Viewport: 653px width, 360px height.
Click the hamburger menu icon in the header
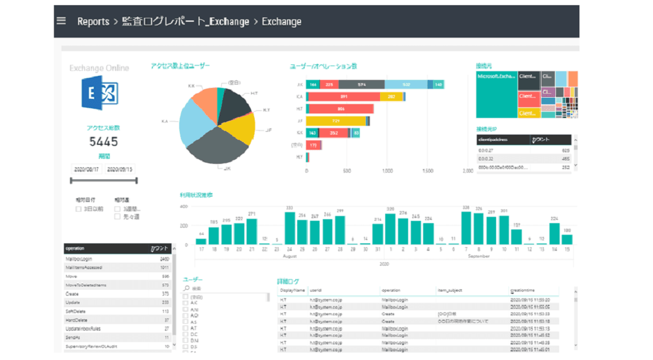click(x=62, y=21)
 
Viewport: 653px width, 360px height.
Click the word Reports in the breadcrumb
click(x=93, y=21)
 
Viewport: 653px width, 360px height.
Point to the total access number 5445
click(x=103, y=141)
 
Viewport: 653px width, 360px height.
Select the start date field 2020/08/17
click(x=86, y=170)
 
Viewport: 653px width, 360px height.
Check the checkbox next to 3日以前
click(x=79, y=209)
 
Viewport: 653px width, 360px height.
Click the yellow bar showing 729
click(x=336, y=121)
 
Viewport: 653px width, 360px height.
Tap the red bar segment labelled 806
click(x=341, y=109)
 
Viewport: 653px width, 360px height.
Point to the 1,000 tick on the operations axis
click(x=387, y=171)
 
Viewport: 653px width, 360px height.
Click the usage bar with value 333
click(x=290, y=228)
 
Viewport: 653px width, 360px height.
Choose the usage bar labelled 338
click(x=466, y=228)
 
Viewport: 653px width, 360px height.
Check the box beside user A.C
click(x=186, y=302)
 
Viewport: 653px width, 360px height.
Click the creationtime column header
click(x=523, y=290)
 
